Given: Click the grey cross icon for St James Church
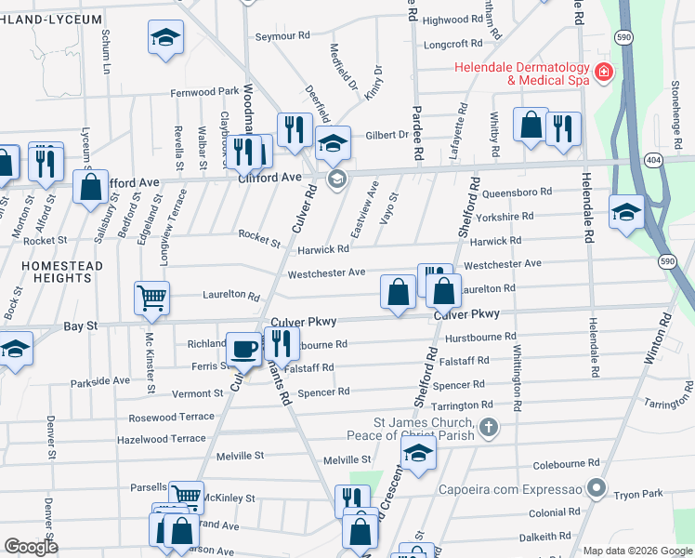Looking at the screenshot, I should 490,429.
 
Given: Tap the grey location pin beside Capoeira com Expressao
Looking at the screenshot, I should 597,487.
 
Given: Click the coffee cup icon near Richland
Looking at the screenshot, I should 244,348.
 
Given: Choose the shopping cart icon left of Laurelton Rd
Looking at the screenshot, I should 151,298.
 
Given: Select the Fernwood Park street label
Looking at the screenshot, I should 204,93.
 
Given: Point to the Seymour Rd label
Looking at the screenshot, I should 282,36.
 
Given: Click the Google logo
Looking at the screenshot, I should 31,546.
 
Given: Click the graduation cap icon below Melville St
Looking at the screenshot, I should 419,453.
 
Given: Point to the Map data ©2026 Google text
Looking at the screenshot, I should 637,551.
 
